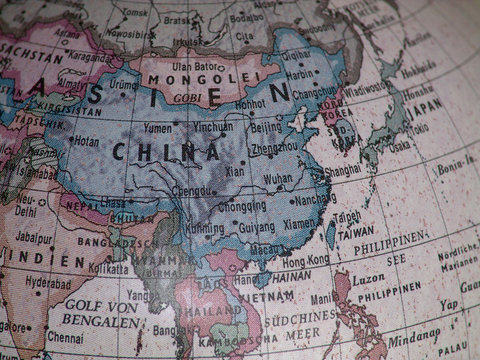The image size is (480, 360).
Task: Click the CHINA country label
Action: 166,152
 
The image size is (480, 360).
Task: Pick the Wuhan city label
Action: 278,179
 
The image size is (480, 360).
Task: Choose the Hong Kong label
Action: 305,260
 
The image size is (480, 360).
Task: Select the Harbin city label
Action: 300,74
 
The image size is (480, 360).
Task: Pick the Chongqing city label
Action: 243,207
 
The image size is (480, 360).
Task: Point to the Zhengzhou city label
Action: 275,146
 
